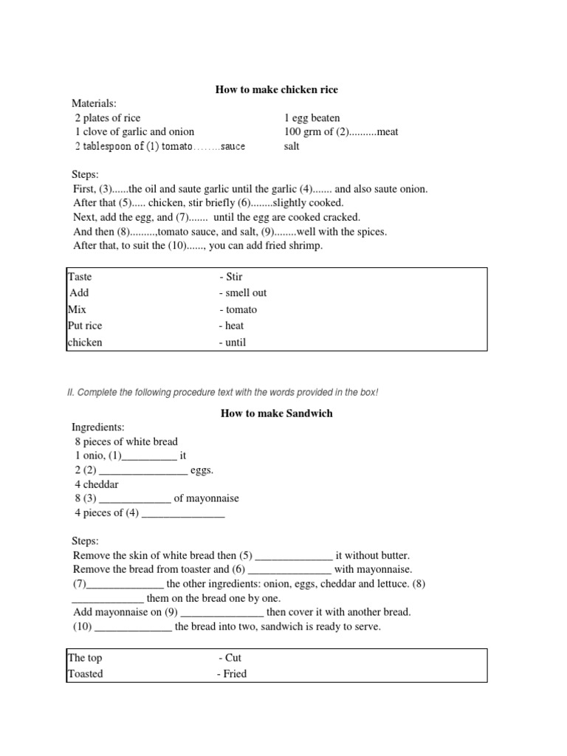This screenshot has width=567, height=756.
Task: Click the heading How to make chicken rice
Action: [276, 89]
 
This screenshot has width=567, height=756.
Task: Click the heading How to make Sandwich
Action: [276, 413]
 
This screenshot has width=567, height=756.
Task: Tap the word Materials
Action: [94, 103]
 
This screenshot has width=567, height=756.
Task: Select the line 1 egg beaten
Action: [312, 118]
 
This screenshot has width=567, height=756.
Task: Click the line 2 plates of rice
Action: [107, 118]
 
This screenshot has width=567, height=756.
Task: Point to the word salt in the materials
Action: [292, 146]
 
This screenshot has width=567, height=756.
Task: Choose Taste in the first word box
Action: [80, 277]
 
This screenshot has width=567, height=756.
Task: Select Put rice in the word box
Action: [85, 326]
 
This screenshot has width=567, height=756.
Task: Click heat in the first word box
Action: [234, 326]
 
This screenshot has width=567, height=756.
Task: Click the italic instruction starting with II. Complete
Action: [222, 392]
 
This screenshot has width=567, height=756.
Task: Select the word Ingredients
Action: [98, 427]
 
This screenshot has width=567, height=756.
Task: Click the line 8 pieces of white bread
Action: [126, 441]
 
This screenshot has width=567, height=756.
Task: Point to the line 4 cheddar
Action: [96, 484]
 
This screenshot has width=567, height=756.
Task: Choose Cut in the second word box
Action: [233, 658]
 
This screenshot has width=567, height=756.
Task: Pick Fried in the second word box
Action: [235, 673]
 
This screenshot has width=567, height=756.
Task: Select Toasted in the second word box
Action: [86, 673]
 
